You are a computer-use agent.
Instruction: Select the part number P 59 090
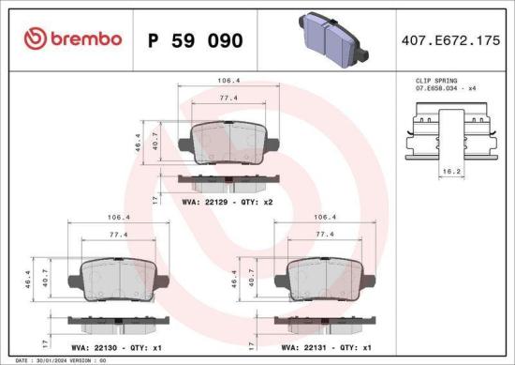coord(196,40)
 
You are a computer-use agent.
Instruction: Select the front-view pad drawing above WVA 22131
coord(323,277)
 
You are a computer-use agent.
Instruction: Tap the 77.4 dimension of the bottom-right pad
coord(324,235)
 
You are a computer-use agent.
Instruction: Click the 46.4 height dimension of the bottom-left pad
coord(28,280)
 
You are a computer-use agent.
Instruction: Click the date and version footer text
coord(58,360)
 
